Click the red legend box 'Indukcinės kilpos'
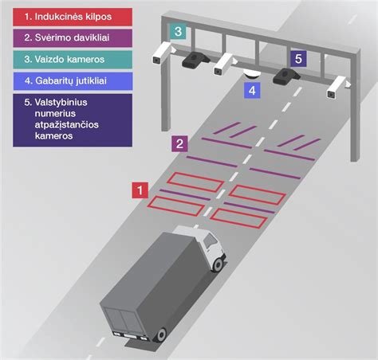pos(73,17)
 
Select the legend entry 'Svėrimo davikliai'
pos(73,38)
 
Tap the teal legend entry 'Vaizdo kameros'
pos(73,60)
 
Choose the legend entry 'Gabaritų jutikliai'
pos(73,81)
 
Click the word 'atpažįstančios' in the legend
pos(67,125)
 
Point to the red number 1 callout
pos(140,190)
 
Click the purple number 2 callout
pos(179,143)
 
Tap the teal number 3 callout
pos(178,31)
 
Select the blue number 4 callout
pos(252,91)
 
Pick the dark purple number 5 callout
pos(298,59)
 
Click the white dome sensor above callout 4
pos(251,74)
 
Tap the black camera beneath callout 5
pos(286,76)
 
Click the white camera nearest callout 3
pos(163,53)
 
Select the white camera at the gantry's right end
pos(338,88)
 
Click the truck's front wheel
pos(218,264)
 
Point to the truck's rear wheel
pos(161,335)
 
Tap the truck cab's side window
pos(211,241)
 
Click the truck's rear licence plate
pos(130,336)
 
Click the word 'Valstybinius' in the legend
pos(61,103)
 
